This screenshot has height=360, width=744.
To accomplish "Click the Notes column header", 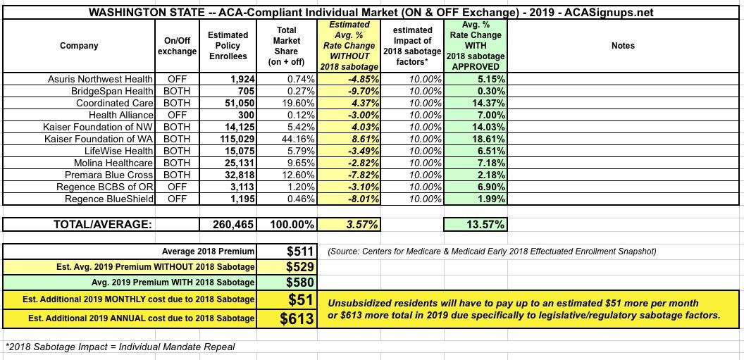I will (x=623, y=46).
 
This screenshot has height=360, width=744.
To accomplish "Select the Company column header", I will (x=79, y=46).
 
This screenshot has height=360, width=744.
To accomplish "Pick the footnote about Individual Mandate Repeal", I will (x=120, y=347).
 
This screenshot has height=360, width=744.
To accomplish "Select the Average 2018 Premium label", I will (x=207, y=252).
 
